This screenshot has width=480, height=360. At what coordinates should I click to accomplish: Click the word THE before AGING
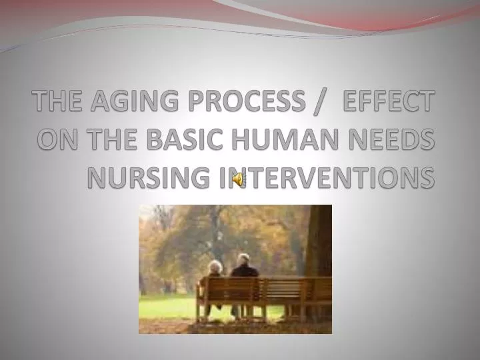tap(58, 103)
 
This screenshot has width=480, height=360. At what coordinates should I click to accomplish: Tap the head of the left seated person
tap(215, 267)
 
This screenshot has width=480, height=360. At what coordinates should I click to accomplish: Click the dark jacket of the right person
tap(245, 279)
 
